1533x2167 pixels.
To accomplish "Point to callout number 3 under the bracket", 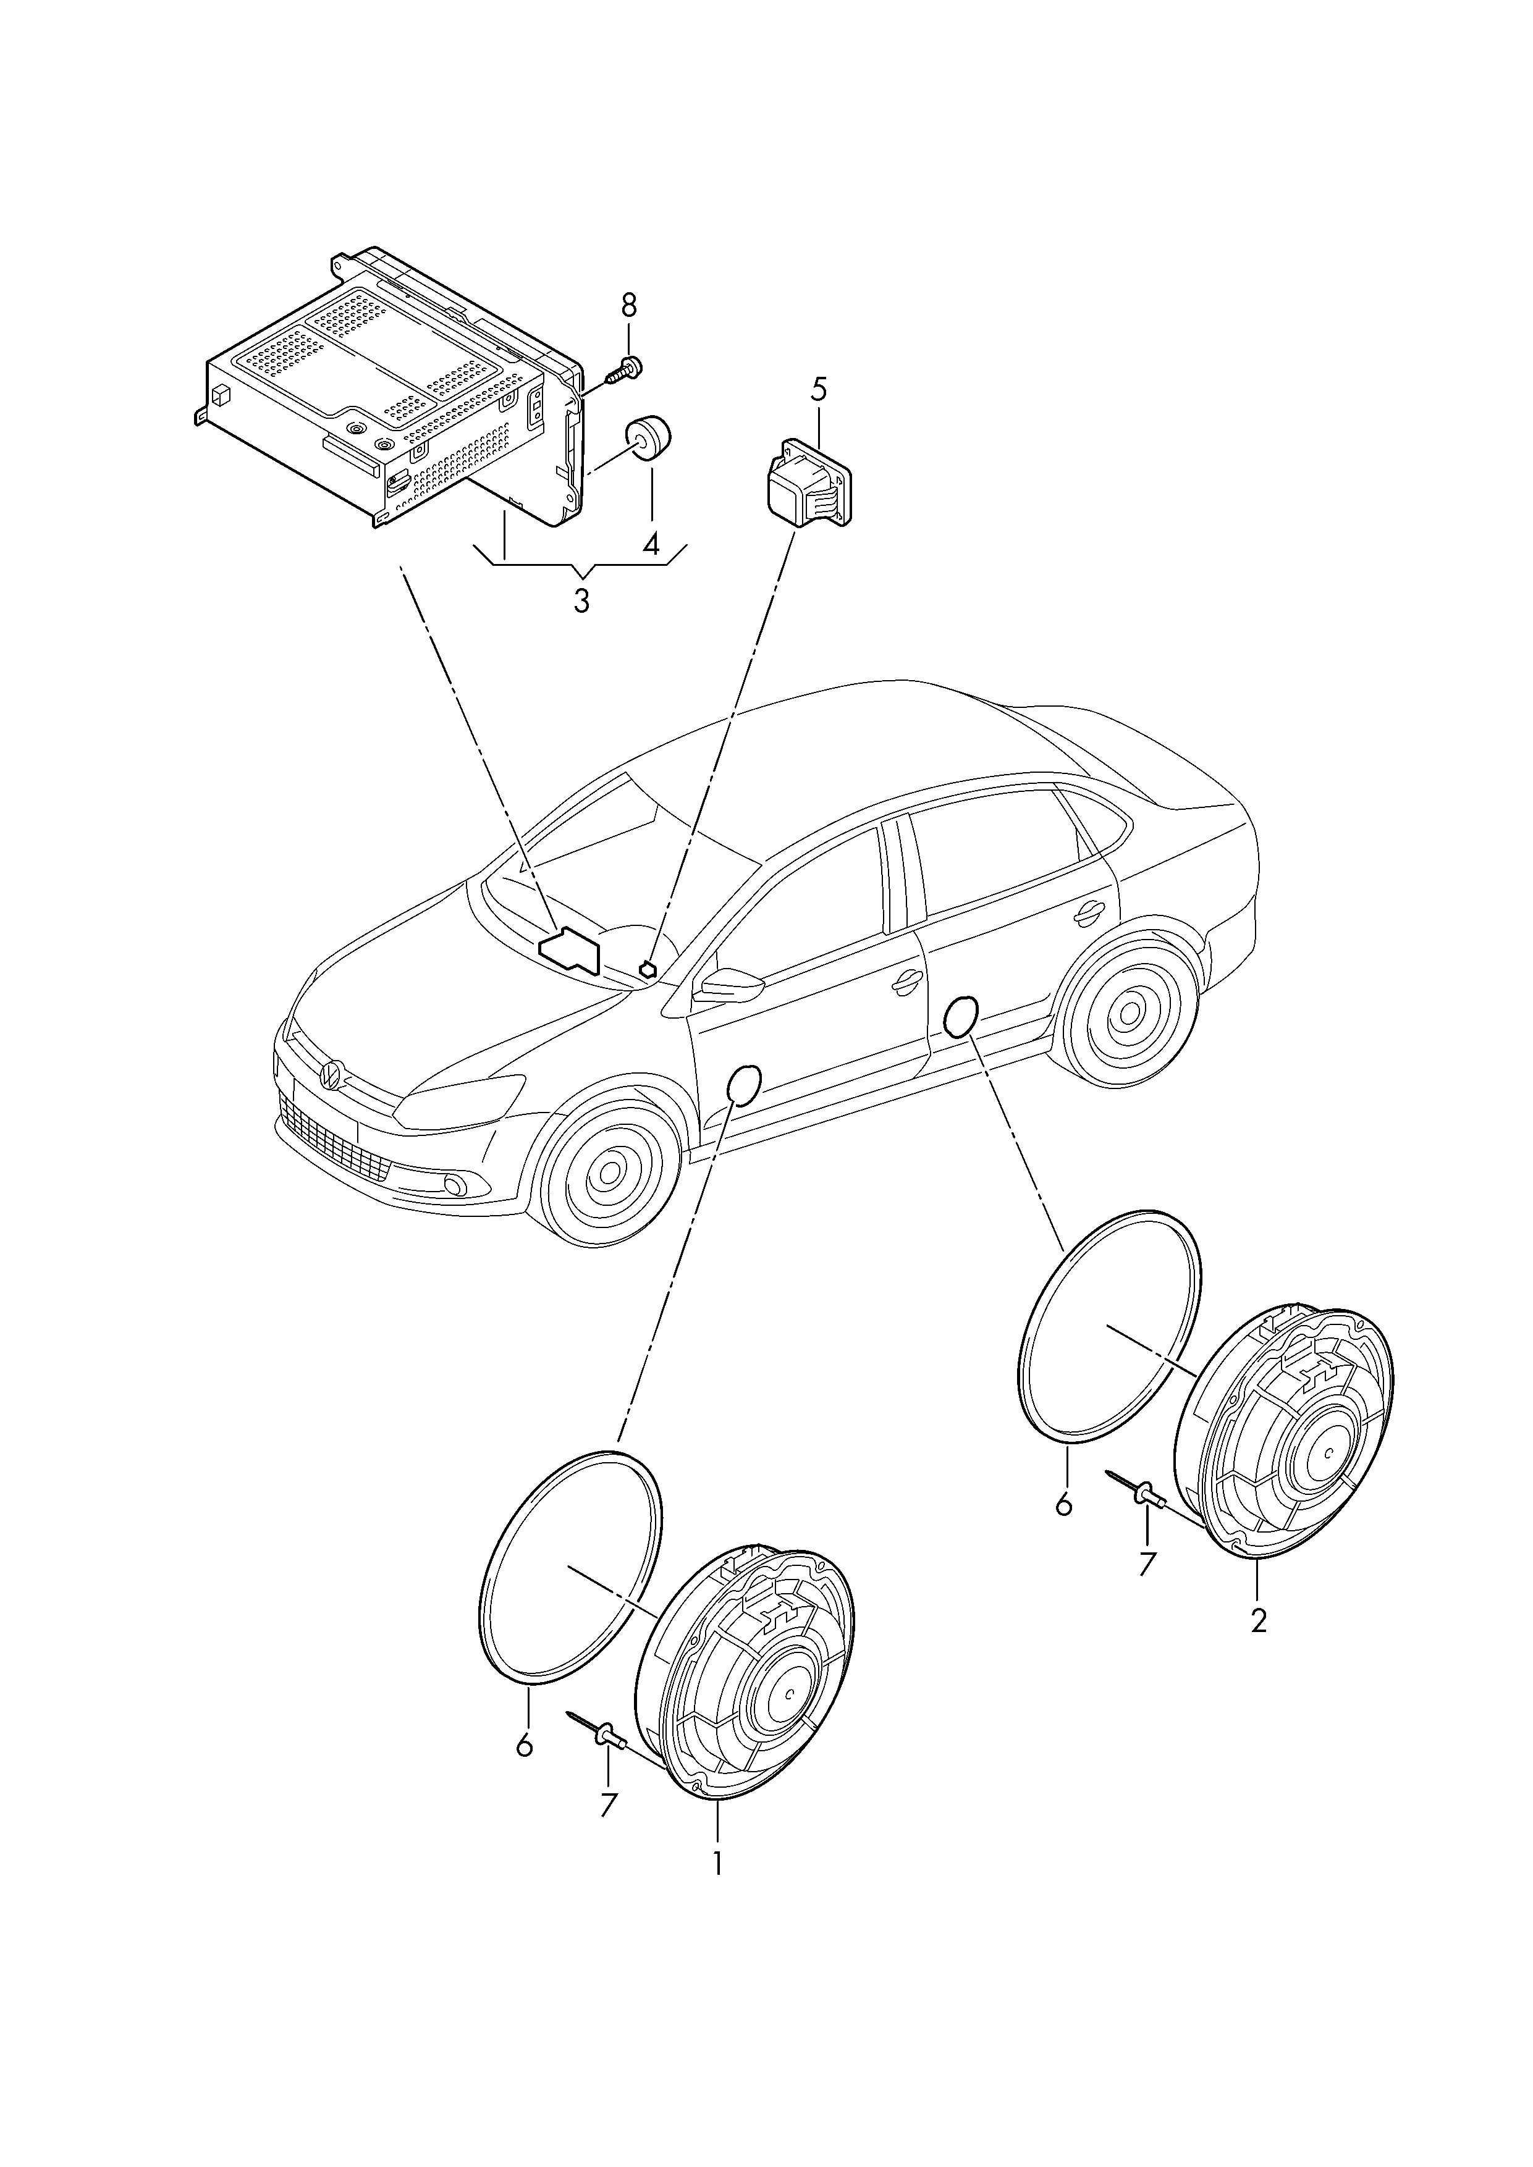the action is [581, 600].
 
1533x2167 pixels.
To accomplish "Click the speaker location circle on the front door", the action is [745, 1085].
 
